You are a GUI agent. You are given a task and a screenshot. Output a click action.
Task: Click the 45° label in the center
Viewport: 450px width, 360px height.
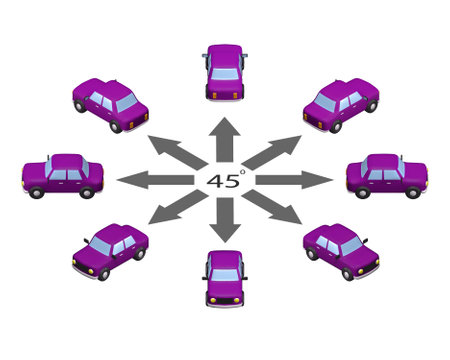coord(225,181)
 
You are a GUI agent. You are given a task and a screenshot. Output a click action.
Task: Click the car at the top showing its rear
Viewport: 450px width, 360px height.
coord(225,73)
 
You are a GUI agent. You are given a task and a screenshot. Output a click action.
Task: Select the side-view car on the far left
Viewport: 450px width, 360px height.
coord(62,176)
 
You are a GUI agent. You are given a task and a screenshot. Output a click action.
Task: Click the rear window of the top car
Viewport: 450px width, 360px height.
coord(225,73)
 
